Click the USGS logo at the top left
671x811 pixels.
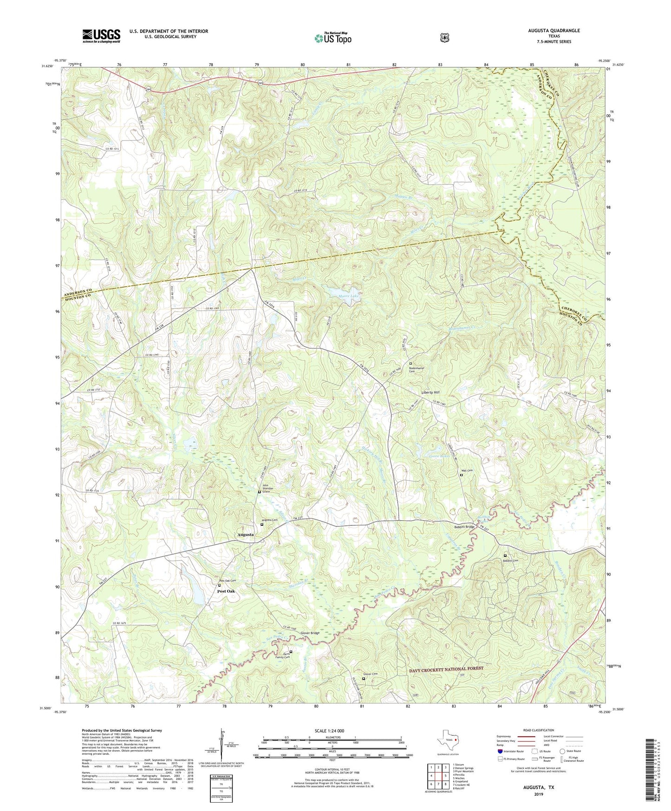click(x=101, y=36)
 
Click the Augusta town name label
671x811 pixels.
click(x=246, y=535)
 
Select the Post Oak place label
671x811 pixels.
click(x=226, y=591)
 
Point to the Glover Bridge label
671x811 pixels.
click(x=310, y=633)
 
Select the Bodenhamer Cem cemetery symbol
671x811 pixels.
click(x=410, y=364)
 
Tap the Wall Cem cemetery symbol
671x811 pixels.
click(x=461, y=475)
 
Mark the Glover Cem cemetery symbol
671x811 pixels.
click(x=364, y=678)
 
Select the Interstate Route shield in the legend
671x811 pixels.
click(x=500, y=751)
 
